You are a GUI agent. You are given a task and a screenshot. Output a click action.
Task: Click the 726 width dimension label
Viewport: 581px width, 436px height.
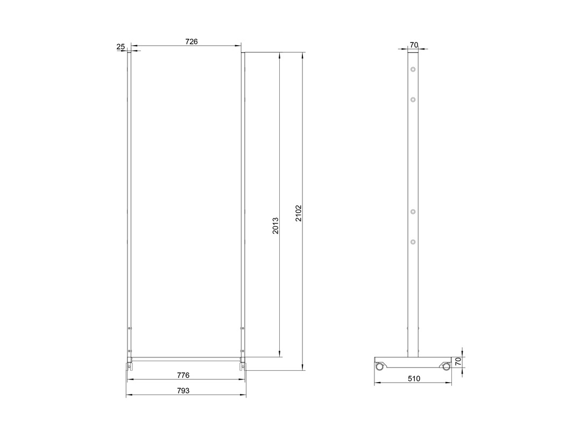click(191, 41)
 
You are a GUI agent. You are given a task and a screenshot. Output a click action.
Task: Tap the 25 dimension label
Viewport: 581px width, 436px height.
click(121, 47)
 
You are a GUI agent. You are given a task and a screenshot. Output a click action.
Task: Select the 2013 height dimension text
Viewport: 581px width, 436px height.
click(275, 226)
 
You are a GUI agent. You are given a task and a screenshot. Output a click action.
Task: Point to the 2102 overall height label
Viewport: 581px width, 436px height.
click(299, 213)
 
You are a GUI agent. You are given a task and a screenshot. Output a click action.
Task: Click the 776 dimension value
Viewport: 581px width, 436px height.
click(183, 375)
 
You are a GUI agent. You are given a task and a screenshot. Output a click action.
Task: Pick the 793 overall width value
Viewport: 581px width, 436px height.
click(183, 390)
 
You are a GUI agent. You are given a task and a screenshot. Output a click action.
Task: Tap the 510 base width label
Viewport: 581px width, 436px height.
click(414, 378)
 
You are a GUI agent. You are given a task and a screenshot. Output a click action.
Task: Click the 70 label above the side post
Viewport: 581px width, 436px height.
click(414, 45)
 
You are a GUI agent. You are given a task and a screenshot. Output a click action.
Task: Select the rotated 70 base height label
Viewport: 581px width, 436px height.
click(458, 362)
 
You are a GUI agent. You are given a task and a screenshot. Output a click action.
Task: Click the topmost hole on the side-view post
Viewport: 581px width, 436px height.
click(413, 69)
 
